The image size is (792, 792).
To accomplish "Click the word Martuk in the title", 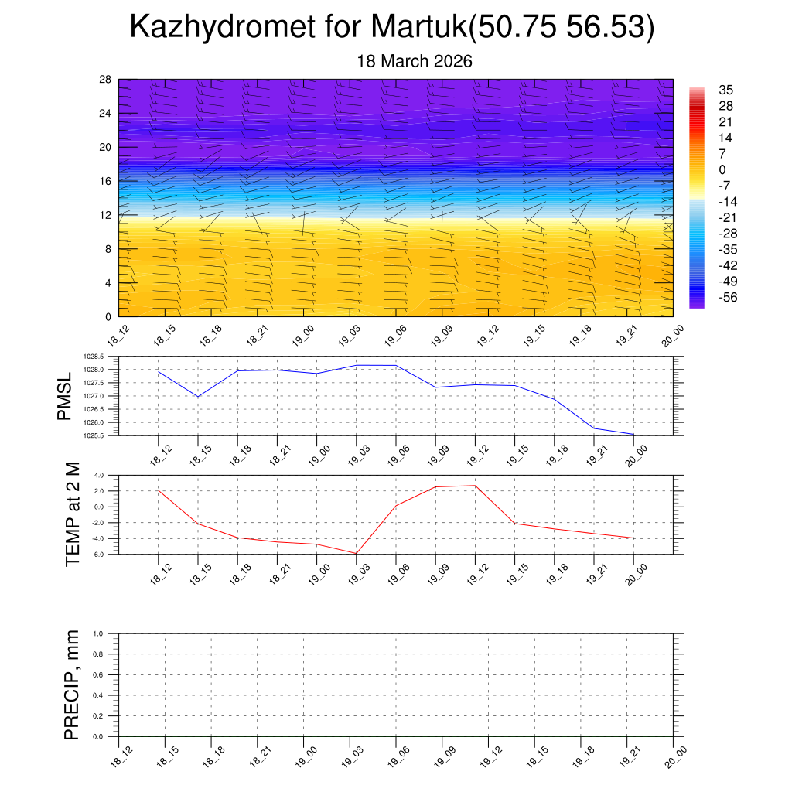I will [418, 28].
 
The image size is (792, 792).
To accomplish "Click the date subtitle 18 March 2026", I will [415, 61].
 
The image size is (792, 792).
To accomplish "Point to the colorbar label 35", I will [725, 90].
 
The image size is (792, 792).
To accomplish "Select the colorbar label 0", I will [722, 169].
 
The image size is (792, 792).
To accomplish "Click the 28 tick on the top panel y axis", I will [106, 79].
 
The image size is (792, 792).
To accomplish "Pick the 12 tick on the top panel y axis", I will [106, 215].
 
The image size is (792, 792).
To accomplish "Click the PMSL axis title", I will [65, 396].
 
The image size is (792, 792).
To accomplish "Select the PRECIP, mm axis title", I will [73, 685].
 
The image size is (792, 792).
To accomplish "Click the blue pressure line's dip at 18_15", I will [198, 397].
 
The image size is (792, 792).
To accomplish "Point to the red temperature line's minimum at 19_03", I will [356, 553].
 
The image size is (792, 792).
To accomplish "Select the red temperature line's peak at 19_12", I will [474, 486].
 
